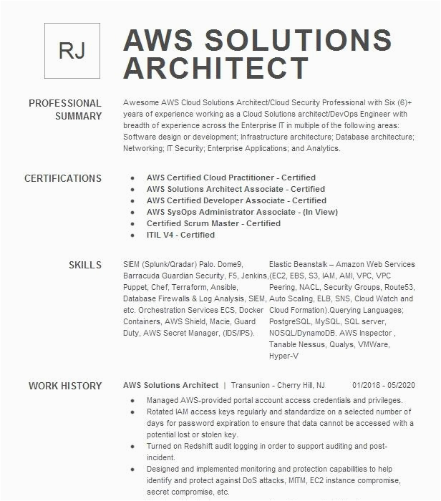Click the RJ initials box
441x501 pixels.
[72, 50]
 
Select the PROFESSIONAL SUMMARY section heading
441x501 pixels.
[65, 110]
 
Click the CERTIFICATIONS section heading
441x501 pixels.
[63, 178]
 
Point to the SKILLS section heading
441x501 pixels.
[85, 265]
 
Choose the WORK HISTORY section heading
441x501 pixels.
[65, 386]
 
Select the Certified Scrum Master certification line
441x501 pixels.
[213, 223]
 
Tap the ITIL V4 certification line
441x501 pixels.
[180, 235]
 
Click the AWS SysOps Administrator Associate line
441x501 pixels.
[232, 212]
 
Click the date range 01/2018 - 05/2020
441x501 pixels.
[383, 386]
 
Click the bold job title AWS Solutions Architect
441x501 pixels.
[170, 386]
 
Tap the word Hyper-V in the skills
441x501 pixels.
[283, 356]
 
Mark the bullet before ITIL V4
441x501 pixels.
[132, 235]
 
